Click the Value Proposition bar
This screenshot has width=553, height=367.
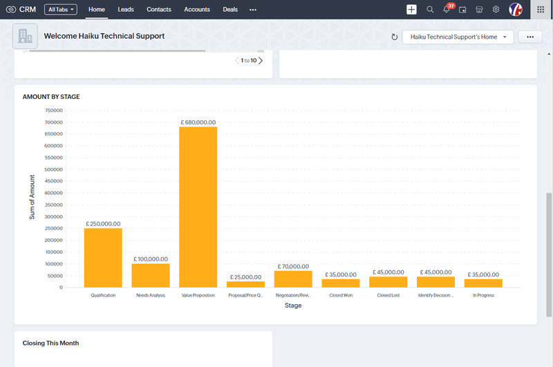[198, 207]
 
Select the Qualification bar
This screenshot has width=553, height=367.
[103, 258]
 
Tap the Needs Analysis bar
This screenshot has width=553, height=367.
[151, 275]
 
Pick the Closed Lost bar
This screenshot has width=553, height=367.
[388, 282]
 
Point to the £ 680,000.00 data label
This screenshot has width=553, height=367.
[198, 122]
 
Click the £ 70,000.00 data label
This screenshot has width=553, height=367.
[293, 266]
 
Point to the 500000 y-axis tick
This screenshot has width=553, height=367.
[53, 169]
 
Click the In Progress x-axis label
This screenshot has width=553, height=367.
[483, 295]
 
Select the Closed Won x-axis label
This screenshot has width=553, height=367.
[341, 295]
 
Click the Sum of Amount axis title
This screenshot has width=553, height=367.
[32, 198]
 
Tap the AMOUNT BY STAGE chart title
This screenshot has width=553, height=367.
[51, 97]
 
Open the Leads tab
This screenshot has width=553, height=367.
[126, 10]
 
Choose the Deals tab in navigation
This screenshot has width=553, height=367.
[230, 10]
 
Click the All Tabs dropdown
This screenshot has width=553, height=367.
[61, 10]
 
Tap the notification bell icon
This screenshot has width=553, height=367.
[447, 10]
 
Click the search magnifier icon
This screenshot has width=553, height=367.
[430, 10]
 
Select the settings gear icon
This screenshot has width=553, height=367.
[496, 10]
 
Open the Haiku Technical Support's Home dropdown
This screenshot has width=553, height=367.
[458, 37]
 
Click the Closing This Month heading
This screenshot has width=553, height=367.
[50, 343]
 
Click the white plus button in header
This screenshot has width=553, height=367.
[411, 10]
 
